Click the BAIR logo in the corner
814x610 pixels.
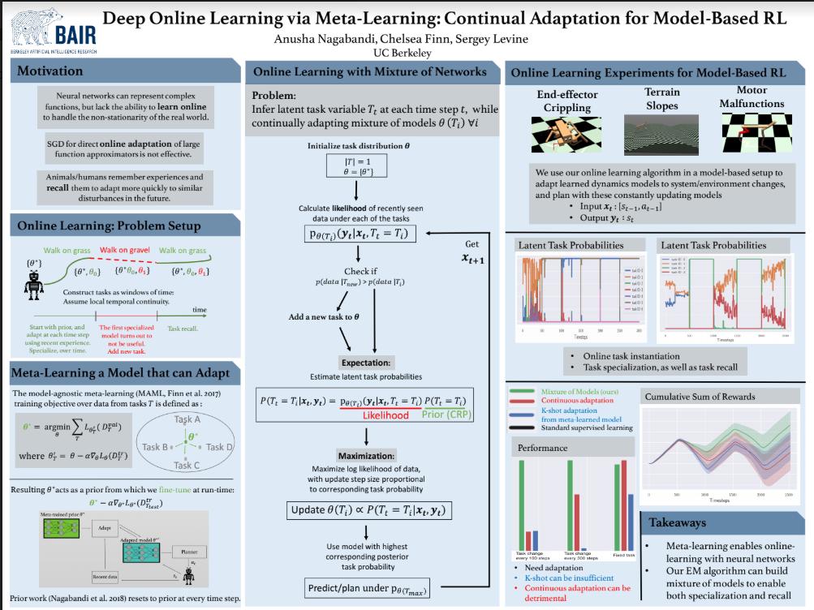coord(53,29)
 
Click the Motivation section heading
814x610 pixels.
coord(50,71)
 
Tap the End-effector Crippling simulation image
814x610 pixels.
coord(566,133)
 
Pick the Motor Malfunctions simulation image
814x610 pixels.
coord(752,133)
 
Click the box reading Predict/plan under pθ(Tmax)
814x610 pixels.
coord(368,588)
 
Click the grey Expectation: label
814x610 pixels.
coord(367,362)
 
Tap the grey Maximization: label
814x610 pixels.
coord(368,455)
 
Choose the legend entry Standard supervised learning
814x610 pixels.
coord(586,427)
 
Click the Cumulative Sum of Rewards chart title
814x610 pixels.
coord(699,397)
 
